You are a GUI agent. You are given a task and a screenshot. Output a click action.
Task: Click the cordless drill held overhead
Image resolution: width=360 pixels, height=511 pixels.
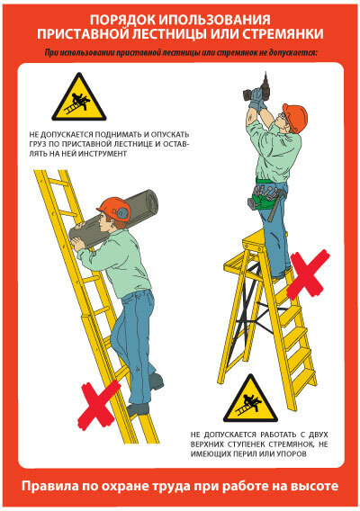(257, 90)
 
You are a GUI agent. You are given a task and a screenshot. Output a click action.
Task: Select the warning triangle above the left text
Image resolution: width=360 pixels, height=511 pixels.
(79, 97)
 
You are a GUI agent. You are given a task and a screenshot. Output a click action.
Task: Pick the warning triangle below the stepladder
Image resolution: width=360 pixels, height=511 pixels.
(250, 399)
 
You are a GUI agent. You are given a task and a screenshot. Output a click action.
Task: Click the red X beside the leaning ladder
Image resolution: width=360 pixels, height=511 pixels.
(98, 405)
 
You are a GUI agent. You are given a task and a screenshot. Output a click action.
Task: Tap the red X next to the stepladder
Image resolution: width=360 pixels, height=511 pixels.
(308, 273)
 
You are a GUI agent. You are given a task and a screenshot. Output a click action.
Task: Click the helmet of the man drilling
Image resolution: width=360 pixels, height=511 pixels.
(295, 118)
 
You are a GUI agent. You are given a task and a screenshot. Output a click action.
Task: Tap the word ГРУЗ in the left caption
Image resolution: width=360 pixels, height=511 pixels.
(37, 144)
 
